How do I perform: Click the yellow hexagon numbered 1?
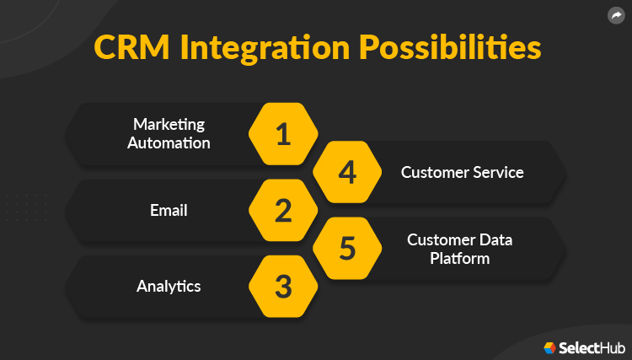point(283,134)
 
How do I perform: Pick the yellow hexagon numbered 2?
point(283,211)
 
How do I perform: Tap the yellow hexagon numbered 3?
point(283,287)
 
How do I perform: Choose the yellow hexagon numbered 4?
point(347,172)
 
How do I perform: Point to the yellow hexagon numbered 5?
point(347,249)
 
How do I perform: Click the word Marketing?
point(169,125)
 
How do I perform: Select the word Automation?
point(169,142)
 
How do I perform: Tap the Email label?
point(169,210)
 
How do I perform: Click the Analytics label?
point(169,286)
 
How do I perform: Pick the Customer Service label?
point(462,172)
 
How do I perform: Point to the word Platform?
point(459,258)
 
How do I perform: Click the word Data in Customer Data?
point(495,240)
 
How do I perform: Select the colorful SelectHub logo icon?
point(549,347)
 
